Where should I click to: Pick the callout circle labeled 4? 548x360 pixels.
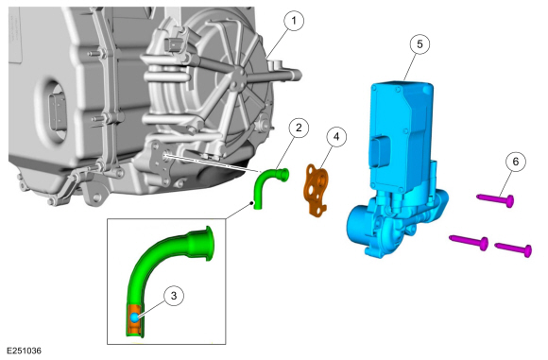(334, 136)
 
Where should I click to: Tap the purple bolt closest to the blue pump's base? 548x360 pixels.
(469, 243)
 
